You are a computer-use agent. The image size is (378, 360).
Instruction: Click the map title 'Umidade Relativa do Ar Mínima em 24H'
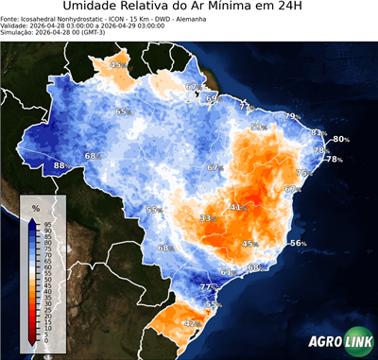pyautogui.click(x=189, y=9)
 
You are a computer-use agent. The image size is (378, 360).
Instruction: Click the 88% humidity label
pyautogui.click(x=60, y=165)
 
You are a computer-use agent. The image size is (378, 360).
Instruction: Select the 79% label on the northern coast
pyautogui.click(x=291, y=116)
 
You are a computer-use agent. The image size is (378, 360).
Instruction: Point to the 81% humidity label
pyautogui.click(x=318, y=132)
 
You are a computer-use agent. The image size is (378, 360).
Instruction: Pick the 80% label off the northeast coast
pyautogui.click(x=339, y=140)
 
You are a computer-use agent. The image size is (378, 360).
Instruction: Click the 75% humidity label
pyautogui.click(x=302, y=173)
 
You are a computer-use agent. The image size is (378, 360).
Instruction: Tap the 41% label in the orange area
pyautogui.click(x=236, y=206)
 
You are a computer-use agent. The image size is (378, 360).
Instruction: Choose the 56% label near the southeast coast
pyautogui.click(x=297, y=243)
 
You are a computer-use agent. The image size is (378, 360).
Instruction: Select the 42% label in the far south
pyautogui.click(x=190, y=323)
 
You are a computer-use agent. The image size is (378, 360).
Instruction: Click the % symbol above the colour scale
pyautogui.click(x=35, y=208)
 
